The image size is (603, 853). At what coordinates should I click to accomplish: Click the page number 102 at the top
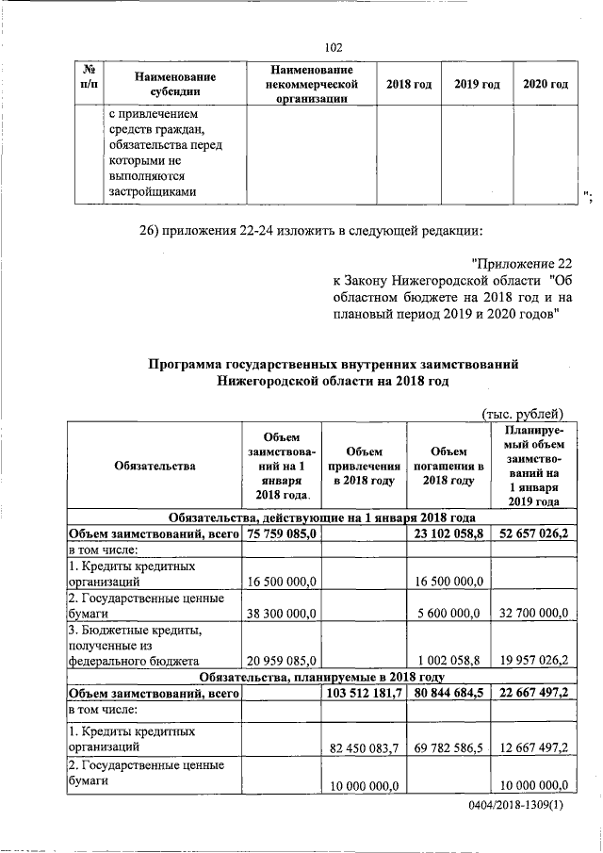pos(332,48)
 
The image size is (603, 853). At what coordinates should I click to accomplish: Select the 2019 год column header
pos(477,85)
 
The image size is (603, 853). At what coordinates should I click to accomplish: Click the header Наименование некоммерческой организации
pos(311,84)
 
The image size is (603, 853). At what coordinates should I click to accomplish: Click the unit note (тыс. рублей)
pos(522,411)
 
